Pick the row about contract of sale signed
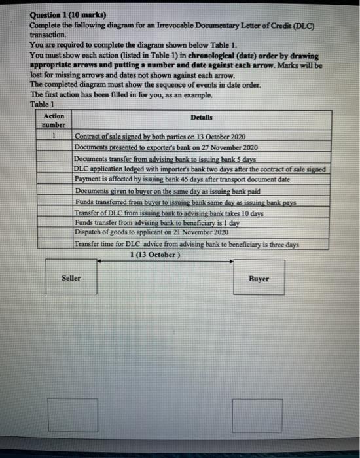coord(160,137)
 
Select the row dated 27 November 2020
coord(166,148)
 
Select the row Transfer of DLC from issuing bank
coord(170,213)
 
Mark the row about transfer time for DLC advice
coord(187,244)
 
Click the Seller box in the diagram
coord(71,278)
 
